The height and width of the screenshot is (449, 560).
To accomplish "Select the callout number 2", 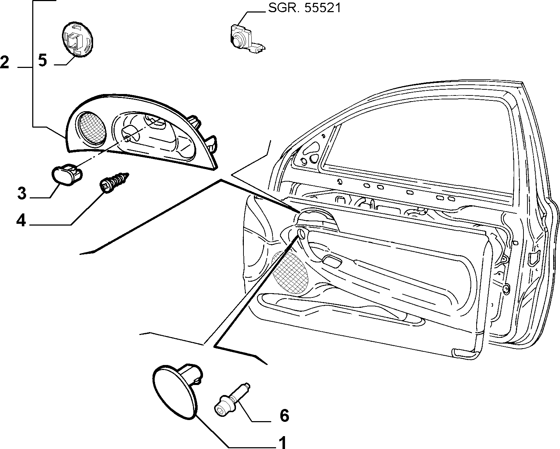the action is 5,62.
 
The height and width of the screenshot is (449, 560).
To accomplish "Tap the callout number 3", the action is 22,193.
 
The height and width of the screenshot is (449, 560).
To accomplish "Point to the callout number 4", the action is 21,221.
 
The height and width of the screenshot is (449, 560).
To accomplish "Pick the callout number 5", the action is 43,60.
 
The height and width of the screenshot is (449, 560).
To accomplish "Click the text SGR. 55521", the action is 305,9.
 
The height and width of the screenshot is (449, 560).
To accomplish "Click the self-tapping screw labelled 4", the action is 114,182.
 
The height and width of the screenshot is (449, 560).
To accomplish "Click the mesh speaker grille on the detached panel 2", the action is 92,127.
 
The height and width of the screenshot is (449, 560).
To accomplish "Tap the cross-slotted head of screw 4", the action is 105,187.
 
